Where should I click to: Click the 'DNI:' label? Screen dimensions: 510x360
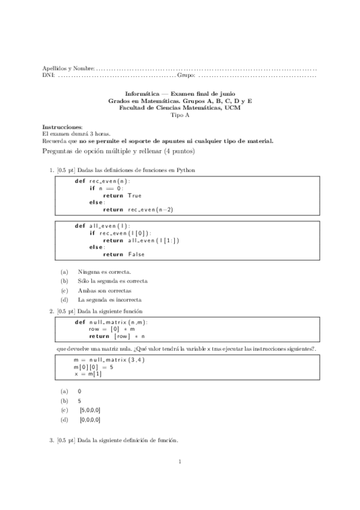point(48,76)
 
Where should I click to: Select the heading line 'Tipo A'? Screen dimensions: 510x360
point(180,114)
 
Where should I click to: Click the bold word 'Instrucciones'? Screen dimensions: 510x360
point(62,127)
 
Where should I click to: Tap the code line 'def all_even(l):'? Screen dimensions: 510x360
point(102,226)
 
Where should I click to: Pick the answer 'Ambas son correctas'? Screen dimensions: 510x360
point(104,290)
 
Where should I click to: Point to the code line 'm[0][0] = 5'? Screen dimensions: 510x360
point(93,367)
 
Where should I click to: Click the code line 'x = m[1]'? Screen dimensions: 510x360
point(88,373)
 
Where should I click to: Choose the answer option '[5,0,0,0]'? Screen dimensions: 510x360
point(90,410)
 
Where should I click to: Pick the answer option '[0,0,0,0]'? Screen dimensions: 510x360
point(90,419)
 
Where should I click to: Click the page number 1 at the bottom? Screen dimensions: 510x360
point(180,462)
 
